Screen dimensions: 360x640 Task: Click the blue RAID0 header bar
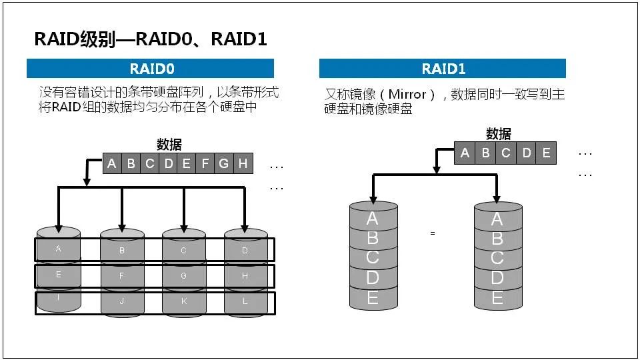[x=150, y=69]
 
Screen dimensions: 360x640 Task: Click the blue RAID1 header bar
[x=443, y=69]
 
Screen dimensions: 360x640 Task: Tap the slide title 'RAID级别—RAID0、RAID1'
[x=151, y=39]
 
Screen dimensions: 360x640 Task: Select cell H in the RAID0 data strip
[x=242, y=163]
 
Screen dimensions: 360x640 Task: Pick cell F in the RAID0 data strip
[x=205, y=163]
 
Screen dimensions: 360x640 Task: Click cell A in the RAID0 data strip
[x=112, y=163]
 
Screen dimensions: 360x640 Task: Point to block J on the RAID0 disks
[x=122, y=301]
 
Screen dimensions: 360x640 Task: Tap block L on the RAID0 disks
[x=245, y=301]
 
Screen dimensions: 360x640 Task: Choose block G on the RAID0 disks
[x=183, y=275]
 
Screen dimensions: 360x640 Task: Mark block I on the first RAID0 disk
[x=59, y=297]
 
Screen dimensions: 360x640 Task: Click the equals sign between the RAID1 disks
[x=433, y=233]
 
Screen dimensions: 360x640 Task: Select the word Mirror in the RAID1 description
[x=407, y=95]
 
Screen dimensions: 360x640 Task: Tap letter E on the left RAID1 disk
[x=373, y=297]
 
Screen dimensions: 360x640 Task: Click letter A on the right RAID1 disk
[x=497, y=219]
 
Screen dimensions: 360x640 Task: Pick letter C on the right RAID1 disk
[x=497, y=258]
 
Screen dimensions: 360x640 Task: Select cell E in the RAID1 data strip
[x=546, y=153]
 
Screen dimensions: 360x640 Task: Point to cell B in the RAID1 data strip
[x=485, y=153]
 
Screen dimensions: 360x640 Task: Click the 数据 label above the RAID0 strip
[x=169, y=145]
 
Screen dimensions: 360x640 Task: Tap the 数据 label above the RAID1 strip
[x=499, y=133]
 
